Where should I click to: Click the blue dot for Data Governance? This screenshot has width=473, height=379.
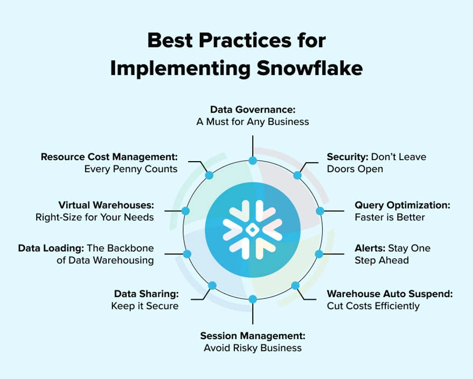(252, 161)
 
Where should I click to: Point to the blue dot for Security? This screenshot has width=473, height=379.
(297, 175)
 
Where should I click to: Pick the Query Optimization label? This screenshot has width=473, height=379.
(402, 205)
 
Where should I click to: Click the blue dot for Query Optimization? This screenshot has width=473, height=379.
(319, 211)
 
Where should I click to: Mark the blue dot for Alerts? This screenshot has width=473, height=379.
(319, 253)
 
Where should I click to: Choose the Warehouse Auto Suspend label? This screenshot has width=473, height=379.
(389, 294)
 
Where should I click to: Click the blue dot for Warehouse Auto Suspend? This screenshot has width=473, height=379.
(295, 285)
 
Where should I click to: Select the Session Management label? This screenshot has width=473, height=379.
(253, 336)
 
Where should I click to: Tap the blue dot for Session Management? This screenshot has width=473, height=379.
(252, 299)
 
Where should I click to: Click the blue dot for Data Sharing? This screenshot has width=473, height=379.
(212, 285)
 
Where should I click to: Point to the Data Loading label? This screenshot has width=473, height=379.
(50, 249)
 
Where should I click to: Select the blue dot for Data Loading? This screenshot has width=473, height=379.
(187, 253)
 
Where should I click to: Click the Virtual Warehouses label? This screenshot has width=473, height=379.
(106, 205)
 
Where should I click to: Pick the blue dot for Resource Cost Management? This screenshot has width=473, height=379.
(209, 175)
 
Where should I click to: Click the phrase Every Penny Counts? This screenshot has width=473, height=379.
(130, 169)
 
